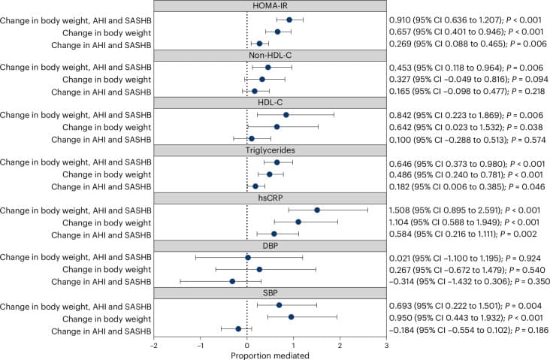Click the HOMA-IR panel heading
pyautogui.click(x=270, y=6)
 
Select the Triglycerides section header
pyautogui.click(x=270, y=150)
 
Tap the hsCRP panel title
pyautogui.click(x=270, y=198)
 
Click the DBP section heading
pyautogui.click(x=270, y=246)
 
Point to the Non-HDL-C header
pyautogui.click(x=270, y=56)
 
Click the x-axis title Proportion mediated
pyautogui.click(x=270, y=355)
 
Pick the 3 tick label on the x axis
pyautogui.click(x=386, y=345)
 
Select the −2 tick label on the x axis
pyautogui.click(x=153, y=345)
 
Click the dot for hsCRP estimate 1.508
pyautogui.click(x=317, y=210)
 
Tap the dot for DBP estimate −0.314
pyautogui.click(x=232, y=281)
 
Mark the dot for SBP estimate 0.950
pyautogui.click(x=291, y=317)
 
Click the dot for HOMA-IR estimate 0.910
pyautogui.click(x=289, y=20)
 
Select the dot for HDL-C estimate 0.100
pyautogui.click(x=252, y=138)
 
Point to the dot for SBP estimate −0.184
pyautogui.click(x=238, y=328)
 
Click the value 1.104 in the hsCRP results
pyautogui.click(x=398, y=222)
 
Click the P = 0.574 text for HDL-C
pyautogui.click(x=529, y=140)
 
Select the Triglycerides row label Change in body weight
pyautogui.click(x=107, y=174)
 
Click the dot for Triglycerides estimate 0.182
pyautogui.click(x=255, y=186)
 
